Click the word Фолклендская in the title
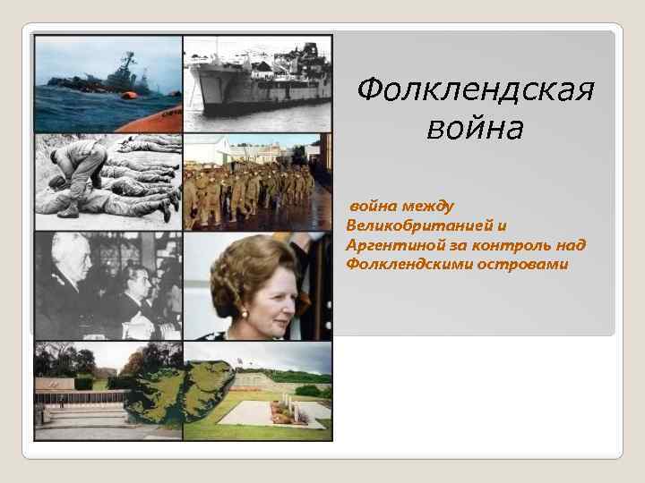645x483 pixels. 475,89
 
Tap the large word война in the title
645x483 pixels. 475,130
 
